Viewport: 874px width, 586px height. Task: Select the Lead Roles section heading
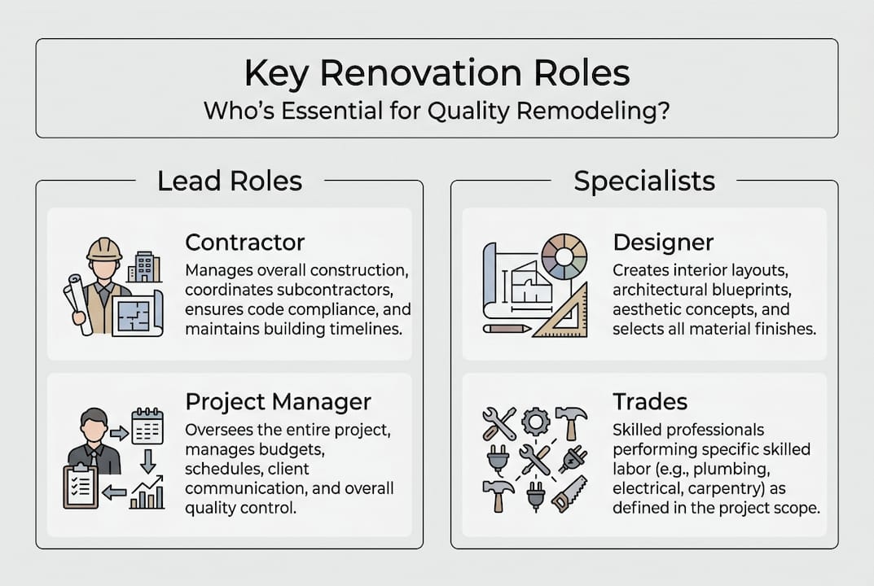click(230, 181)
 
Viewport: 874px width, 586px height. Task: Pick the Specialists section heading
click(644, 181)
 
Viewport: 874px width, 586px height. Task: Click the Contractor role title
click(244, 243)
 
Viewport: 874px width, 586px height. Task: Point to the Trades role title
click(650, 401)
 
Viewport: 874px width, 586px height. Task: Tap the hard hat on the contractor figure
click(104, 248)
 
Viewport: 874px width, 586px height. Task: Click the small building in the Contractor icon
click(144, 266)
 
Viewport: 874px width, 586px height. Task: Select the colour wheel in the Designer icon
click(564, 257)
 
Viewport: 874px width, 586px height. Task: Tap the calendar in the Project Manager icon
click(147, 426)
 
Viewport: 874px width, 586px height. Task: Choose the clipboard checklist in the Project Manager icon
click(81, 486)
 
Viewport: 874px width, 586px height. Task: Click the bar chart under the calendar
click(147, 493)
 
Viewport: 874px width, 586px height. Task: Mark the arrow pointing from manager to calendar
click(119, 433)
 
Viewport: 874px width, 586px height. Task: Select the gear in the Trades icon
click(535, 422)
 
